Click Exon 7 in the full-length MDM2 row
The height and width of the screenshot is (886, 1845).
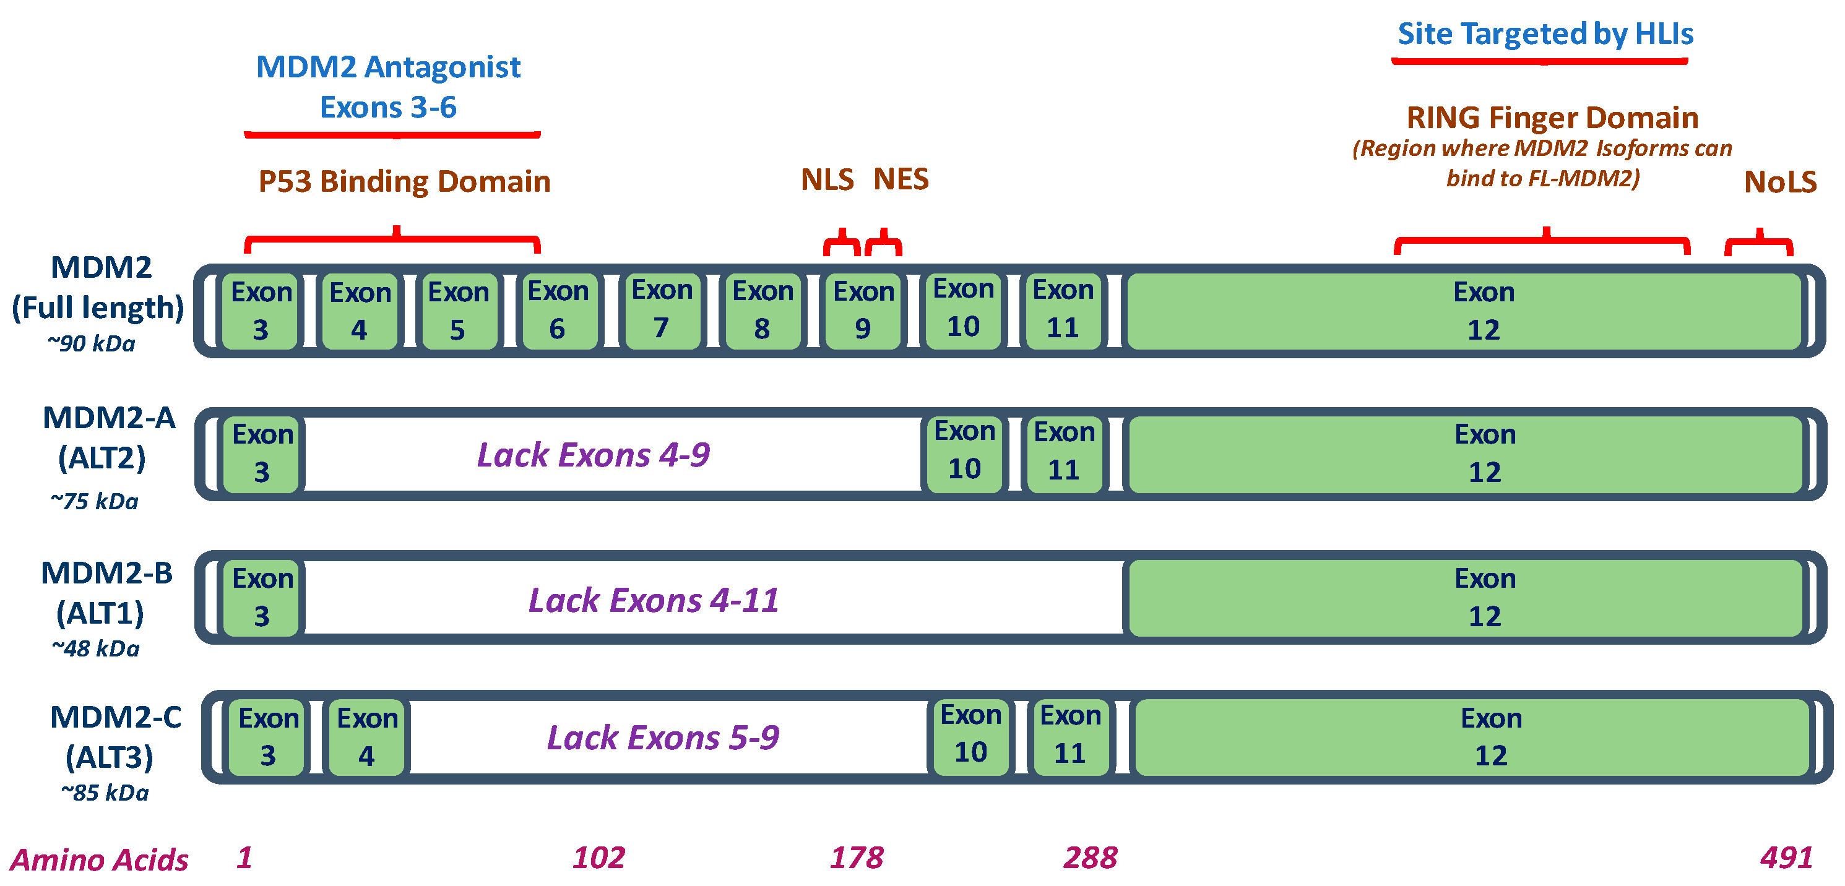(x=662, y=311)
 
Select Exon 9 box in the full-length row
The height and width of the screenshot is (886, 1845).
(x=863, y=311)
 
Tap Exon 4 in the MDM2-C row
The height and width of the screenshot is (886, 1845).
(x=366, y=737)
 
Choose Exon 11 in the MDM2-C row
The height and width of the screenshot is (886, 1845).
(x=1070, y=736)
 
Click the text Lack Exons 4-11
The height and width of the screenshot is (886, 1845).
(x=653, y=600)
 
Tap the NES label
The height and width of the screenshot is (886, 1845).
(x=901, y=179)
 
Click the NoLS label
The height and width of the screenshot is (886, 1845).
(x=1780, y=182)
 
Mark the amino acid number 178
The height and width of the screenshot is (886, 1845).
(x=857, y=858)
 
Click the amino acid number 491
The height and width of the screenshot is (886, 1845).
(x=1786, y=858)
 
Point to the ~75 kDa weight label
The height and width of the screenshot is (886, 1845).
(x=94, y=501)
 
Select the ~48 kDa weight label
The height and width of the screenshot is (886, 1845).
(x=95, y=649)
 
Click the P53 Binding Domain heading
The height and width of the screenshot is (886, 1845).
(x=404, y=181)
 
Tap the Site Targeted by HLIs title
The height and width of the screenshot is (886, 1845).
(x=1545, y=33)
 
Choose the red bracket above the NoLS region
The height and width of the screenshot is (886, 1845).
(x=1759, y=244)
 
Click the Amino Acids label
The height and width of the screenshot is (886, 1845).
(x=99, y=859)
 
